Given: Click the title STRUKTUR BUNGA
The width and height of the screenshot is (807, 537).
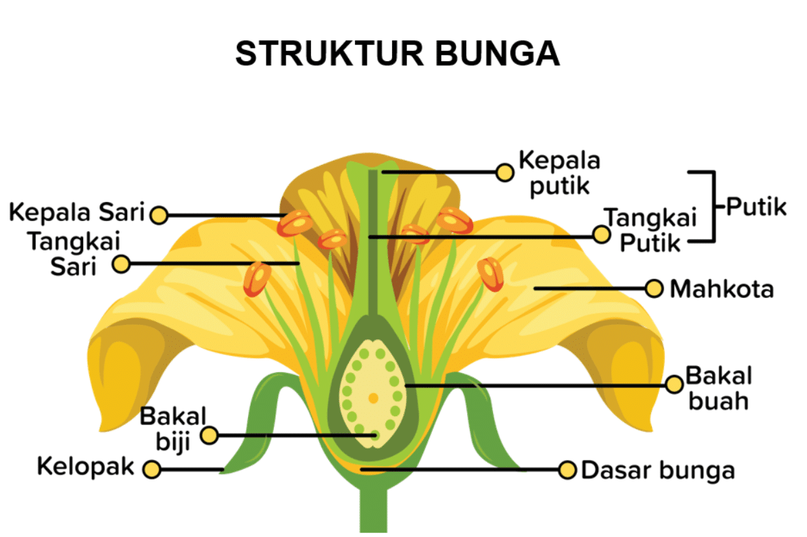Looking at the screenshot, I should point(397,54).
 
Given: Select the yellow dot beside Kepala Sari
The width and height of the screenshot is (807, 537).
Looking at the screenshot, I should point(159,215).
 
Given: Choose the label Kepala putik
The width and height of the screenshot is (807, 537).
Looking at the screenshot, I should point(558,172).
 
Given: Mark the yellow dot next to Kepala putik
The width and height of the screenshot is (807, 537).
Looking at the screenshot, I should point(505,172).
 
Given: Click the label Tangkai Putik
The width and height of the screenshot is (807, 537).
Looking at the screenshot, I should point(650,230).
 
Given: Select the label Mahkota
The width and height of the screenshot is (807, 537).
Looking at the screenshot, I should point(721,289).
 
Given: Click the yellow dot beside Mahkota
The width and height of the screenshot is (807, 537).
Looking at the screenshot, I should point(655,288).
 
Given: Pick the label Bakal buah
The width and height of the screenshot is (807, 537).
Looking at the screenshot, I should point(718,388).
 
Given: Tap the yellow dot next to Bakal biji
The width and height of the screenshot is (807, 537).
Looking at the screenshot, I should point(209,435).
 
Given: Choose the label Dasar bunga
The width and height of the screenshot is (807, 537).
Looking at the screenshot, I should point(657,470).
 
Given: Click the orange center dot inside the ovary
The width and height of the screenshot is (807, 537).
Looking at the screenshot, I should point(373,398).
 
